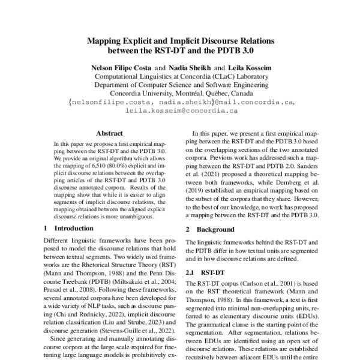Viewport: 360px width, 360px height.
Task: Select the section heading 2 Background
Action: click(214, 230)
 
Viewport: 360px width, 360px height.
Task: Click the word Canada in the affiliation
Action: click(250, 94)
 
